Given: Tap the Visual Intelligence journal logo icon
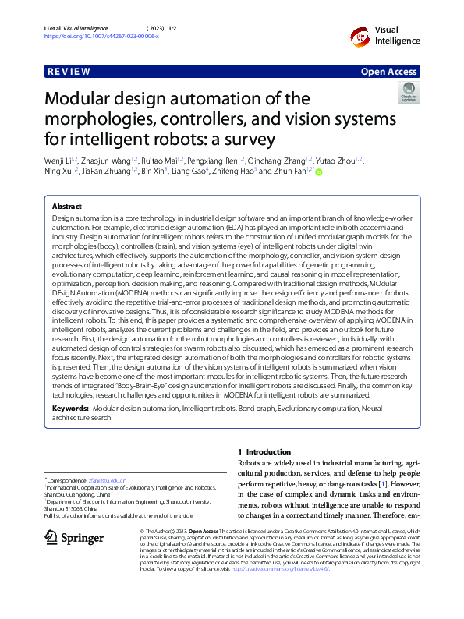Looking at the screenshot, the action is coord(359,35).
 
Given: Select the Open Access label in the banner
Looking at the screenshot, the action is coord(390,72).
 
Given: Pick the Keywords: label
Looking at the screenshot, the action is coord(70,409).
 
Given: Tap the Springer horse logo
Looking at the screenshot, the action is coord(52,537).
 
